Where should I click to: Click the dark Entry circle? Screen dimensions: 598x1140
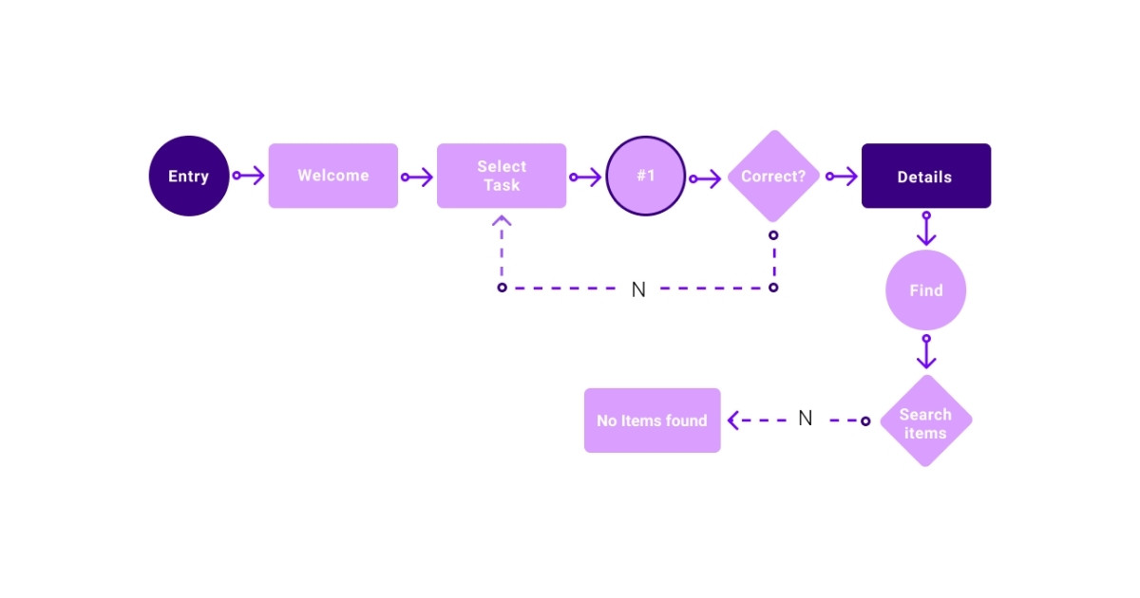click(x=188, y=176)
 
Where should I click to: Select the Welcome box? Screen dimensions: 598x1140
click(x=332, y=176)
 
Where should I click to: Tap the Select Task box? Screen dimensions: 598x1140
click(x=502, y=176)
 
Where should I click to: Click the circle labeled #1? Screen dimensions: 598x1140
click(x=646, y=176)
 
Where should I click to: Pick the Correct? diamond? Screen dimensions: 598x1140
click(x=773, y=176)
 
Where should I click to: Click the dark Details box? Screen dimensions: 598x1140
click(x=925, y=176)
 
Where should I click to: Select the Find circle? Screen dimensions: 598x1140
click(x=925, y=290)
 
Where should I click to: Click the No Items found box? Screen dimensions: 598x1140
click(x=652, y=420)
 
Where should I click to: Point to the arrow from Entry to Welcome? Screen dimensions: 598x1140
click(x=250, y=176)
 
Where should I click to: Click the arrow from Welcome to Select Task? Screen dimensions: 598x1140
click(x=418, y=177)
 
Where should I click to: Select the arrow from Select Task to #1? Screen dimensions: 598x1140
click(x=586, y=177)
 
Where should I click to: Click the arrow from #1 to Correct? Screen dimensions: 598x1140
click(x=706, y=178)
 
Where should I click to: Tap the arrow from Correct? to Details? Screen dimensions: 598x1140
click(x=843, y=177)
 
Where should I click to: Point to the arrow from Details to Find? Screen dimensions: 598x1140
click(x=926, y=229)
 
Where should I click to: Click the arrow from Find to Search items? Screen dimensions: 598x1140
click(x=926, y=351)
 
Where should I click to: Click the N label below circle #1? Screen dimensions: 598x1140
click(x=638, y=290)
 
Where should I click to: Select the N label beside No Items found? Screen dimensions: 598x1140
click(x=805, y=419)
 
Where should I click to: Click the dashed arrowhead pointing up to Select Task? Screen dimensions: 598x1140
click(x=502, y=222)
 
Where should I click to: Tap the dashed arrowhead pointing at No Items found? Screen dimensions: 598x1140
click(x=733, y=420)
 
